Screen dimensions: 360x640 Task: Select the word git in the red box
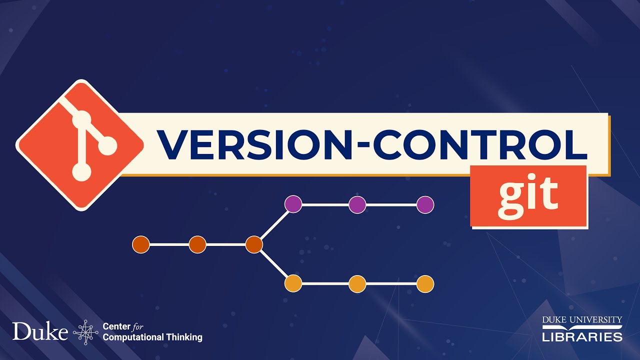point(528,195)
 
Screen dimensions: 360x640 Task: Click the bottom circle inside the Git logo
point(81,172)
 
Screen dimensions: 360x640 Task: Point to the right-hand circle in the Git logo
point(107,146)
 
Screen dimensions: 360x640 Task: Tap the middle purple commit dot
point(357,204)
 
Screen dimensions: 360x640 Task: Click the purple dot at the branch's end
point(425,204)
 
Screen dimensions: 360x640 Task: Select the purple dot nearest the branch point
point(293,204)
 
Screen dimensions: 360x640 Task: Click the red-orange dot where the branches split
point(254,244)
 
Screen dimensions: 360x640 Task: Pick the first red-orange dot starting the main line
point(141,244)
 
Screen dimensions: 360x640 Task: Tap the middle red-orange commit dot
point(197,244)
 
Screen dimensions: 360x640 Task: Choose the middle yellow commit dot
point(357,284)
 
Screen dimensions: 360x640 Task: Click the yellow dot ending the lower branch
point(425,284)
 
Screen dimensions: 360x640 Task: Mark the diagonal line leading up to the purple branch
point(273,224)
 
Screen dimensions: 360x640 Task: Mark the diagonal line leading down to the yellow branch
point(273,264)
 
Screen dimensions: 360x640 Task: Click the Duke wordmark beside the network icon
point(40,331)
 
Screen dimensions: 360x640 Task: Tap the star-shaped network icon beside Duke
point(85,332)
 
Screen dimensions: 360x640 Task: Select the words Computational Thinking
point(152,337)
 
